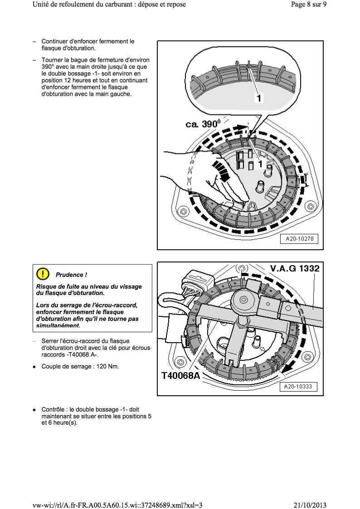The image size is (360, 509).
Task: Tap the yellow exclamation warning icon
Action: click(x=42, y=274)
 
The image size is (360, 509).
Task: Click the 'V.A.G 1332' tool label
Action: click(x=295, y=268)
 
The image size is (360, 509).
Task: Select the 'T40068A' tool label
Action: click(x=180, y=375)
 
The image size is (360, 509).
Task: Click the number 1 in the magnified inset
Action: click(x=258, y=97)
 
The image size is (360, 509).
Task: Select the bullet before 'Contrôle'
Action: click(x=34, y=409)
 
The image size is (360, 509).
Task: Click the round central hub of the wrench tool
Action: click(x=245, y=300)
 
